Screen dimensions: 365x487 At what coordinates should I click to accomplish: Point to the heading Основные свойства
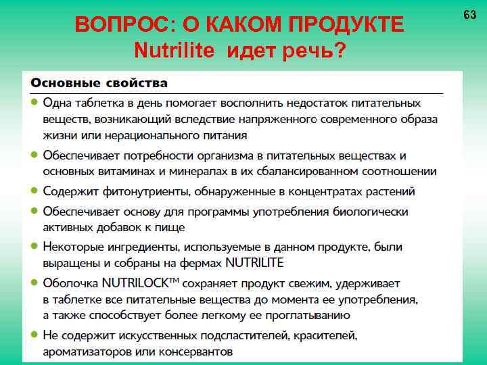pos(98,82)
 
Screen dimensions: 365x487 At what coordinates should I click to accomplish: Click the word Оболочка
pos(70,281)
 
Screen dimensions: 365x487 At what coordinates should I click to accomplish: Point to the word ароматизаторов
pos(86,351)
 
